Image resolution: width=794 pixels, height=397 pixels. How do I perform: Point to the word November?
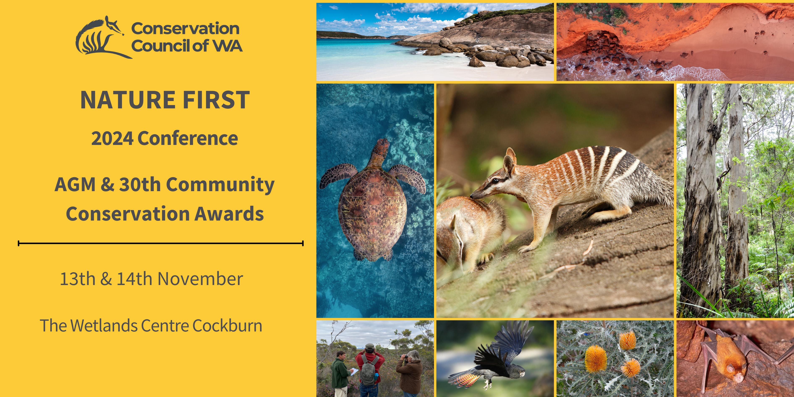pos(200,279)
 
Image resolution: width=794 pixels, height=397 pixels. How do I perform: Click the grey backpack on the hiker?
pos(368,371)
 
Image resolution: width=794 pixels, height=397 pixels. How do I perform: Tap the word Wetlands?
pos(104,326)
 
